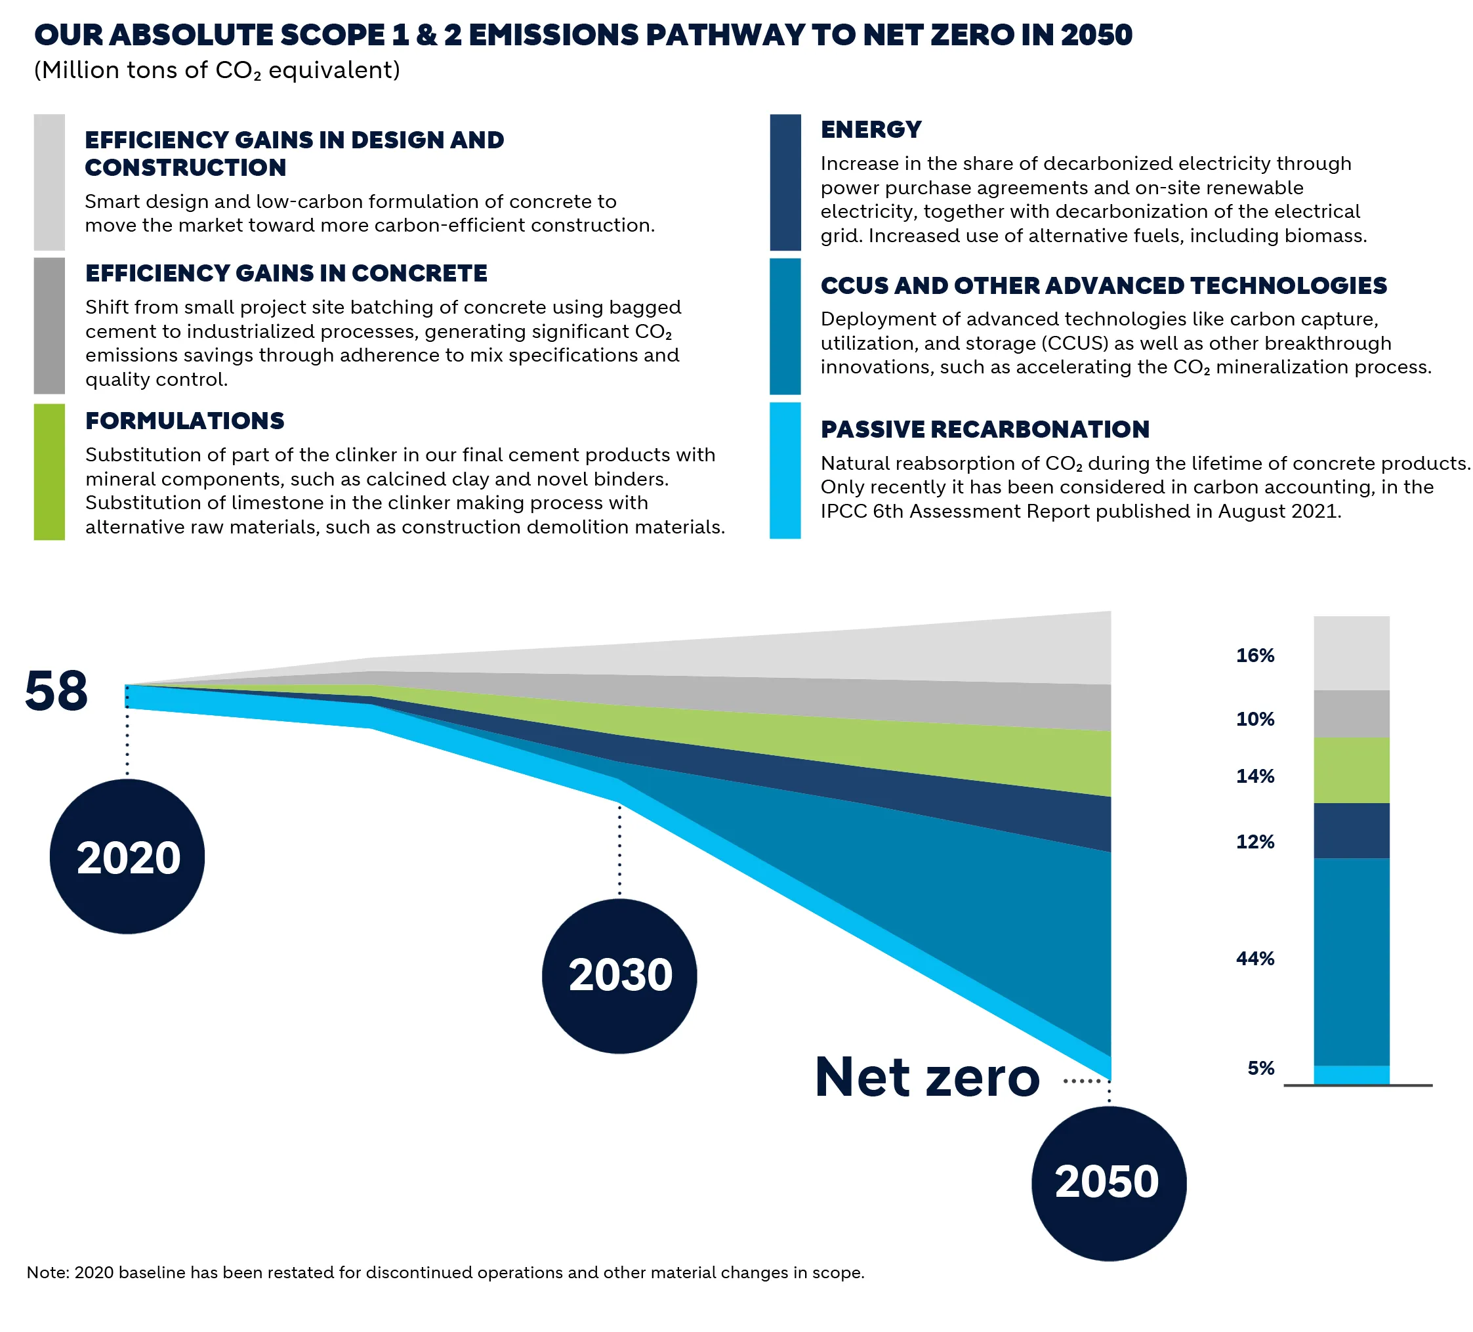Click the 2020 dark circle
127,856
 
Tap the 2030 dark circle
619,976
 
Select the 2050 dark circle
1108,1182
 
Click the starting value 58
56,691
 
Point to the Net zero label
926,1077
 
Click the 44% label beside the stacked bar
1255,959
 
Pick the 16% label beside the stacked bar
1255,656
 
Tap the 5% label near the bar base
1260,1068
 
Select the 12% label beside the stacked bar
1255,842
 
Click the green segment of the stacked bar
1351,770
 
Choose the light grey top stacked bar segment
1351,652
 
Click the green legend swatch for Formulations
49,471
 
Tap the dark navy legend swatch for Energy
785,182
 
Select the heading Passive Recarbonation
984,429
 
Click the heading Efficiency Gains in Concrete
285,273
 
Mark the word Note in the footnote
46,1272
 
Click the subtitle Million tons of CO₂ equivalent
217,70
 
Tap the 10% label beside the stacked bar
1255,719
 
